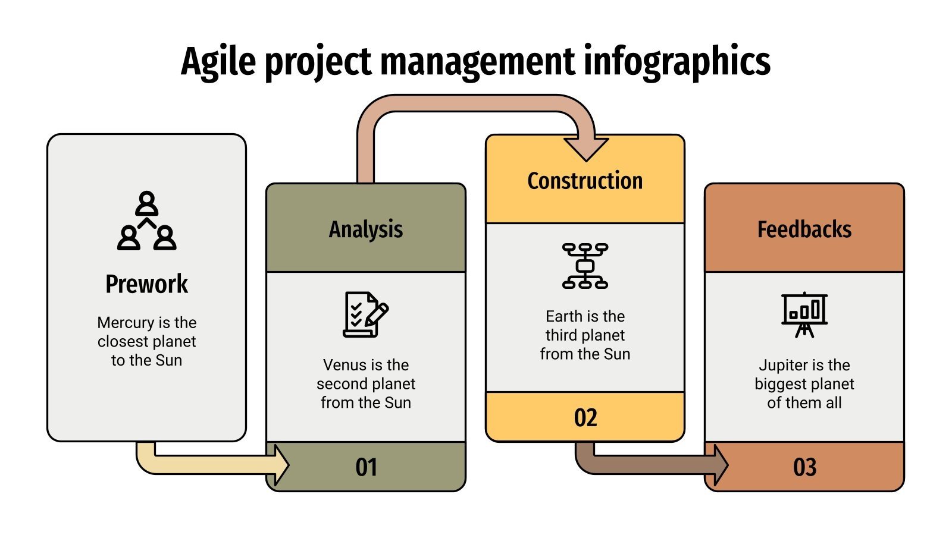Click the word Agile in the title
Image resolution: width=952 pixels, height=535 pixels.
[218, 62]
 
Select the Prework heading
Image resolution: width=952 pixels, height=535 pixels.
[146, 284]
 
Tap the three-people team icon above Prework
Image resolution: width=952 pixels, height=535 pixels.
[146, 221]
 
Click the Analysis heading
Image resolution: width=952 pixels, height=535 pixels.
[366, 229]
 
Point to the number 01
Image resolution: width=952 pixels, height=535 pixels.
[366, 467]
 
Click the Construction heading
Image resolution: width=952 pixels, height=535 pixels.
[585, 181]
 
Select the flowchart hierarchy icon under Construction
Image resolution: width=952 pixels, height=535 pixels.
[585, 266]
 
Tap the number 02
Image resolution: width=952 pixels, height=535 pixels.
[585, 418]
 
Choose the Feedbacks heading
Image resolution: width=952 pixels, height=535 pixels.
[804, 229]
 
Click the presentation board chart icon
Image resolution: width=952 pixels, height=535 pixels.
[804, 314]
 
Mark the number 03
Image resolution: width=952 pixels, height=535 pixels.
[804, 467]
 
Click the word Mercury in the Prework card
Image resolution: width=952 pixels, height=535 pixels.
[126, 323]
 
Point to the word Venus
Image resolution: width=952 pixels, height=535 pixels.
[343, 365]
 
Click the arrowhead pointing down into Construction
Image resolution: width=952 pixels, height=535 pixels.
[586, 148]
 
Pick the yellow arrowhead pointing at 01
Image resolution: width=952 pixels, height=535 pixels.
[281, 464]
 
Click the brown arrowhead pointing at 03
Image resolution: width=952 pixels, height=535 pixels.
[721, 464]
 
